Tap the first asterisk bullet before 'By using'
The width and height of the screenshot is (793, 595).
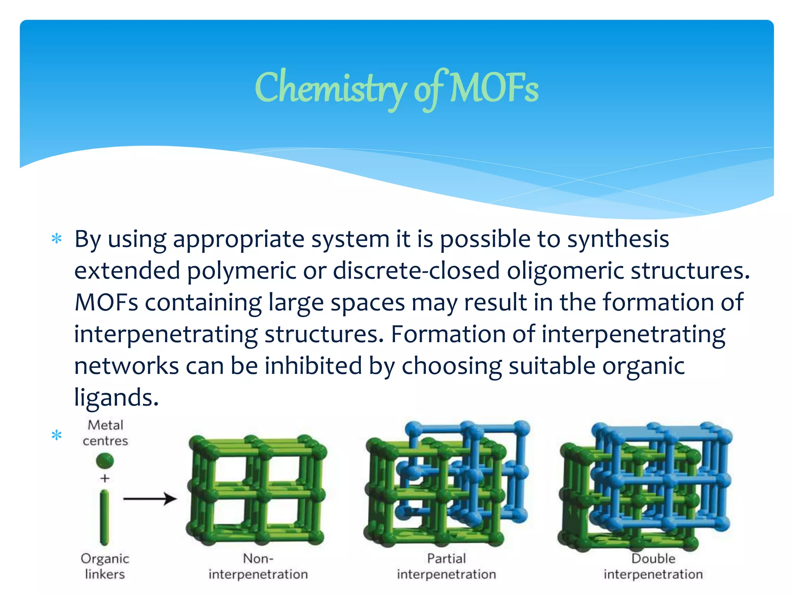[57, 239]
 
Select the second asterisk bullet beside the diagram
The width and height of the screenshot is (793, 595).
[57, 435]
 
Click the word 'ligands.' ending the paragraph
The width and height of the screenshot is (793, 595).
[116, 397]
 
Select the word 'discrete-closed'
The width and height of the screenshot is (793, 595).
[416, 270]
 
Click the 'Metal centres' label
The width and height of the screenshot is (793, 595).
[105, 433]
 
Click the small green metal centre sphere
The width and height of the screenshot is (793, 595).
[105, 461]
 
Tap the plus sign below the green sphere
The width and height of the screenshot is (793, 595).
[105, 478]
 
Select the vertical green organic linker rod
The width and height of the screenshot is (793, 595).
[105, 517]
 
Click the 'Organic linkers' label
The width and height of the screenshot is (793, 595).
[105, 566]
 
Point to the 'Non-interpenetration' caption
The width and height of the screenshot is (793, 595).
[258, 566]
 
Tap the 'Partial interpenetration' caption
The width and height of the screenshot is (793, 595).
[446, 566]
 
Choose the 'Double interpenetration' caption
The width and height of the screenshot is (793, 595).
[653, 566]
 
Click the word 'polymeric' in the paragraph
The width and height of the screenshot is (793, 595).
[242, 270]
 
